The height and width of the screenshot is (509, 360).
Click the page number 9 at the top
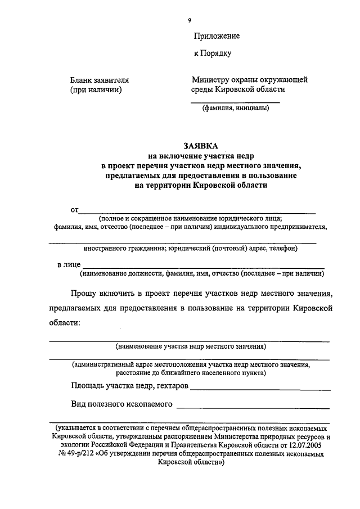190,20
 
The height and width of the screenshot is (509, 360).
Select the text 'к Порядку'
212,54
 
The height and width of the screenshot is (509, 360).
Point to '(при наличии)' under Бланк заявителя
96,89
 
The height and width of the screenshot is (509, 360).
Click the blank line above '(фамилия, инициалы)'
235,102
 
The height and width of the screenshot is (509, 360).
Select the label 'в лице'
69,264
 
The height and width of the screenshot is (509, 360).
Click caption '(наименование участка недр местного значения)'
191,346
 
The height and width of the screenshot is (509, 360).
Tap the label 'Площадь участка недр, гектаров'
130,386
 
